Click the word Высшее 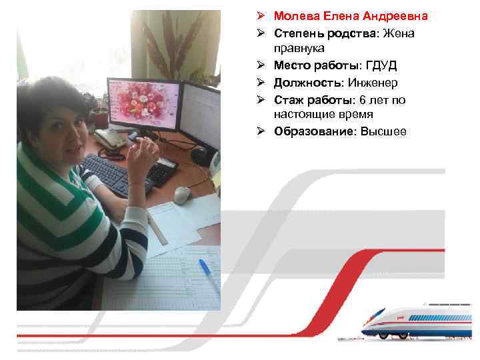(383, 131)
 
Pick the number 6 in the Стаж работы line (362, 99)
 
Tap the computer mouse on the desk (182, 195)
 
